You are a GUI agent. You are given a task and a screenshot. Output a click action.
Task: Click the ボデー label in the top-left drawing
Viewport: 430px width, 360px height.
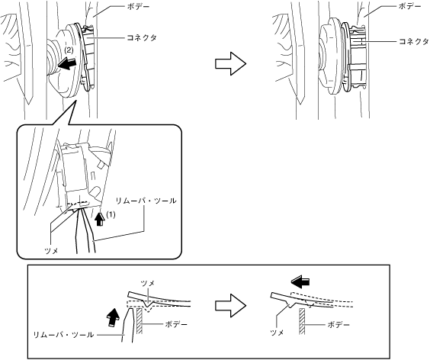click(x=139, y=7)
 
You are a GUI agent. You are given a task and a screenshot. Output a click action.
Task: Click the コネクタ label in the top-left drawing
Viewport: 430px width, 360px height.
click(x=142, y=37)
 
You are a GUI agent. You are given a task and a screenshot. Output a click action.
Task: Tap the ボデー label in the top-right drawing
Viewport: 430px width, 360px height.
click(x=409, y=7)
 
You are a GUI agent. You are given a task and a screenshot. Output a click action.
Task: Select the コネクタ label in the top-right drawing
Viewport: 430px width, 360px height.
click(x=413, y=41)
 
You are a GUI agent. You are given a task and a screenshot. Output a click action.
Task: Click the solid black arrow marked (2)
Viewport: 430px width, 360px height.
click(x=66, y=63)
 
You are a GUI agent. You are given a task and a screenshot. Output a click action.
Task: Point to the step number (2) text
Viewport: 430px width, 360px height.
click(x=69, y=50)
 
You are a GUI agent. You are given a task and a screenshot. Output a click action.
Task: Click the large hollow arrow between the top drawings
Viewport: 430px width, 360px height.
click(x=231, y=63)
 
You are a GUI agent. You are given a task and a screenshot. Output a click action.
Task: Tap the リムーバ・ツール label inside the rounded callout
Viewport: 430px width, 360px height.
click(x=146, y=201)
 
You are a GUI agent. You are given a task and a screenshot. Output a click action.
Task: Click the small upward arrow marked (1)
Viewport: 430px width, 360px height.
click(x=101, y=219)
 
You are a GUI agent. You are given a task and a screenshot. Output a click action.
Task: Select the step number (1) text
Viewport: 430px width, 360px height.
click(x=111, y=214)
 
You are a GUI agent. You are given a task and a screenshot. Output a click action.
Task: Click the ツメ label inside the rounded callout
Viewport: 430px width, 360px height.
click(x=51, y=250)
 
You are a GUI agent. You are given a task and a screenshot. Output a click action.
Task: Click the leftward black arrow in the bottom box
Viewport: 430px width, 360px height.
click(x=300, y=282)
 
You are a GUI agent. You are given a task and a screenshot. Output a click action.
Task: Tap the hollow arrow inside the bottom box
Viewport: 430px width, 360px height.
click(x=231, y=306)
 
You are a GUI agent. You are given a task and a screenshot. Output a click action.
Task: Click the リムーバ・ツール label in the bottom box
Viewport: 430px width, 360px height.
click(x=63, y=335)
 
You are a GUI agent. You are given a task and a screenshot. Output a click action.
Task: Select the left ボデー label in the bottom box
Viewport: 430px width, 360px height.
click(x=176, y=325)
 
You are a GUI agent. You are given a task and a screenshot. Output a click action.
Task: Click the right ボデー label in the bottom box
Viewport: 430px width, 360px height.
click(x=339, y=325)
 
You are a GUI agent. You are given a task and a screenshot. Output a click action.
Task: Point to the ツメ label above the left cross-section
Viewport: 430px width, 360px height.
click(x=148, y=284)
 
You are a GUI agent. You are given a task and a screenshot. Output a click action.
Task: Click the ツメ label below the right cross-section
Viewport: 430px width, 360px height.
click(x=277, y=333)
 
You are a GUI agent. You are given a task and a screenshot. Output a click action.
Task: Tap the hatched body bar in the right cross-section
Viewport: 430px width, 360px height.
click(x=302, y=321)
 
